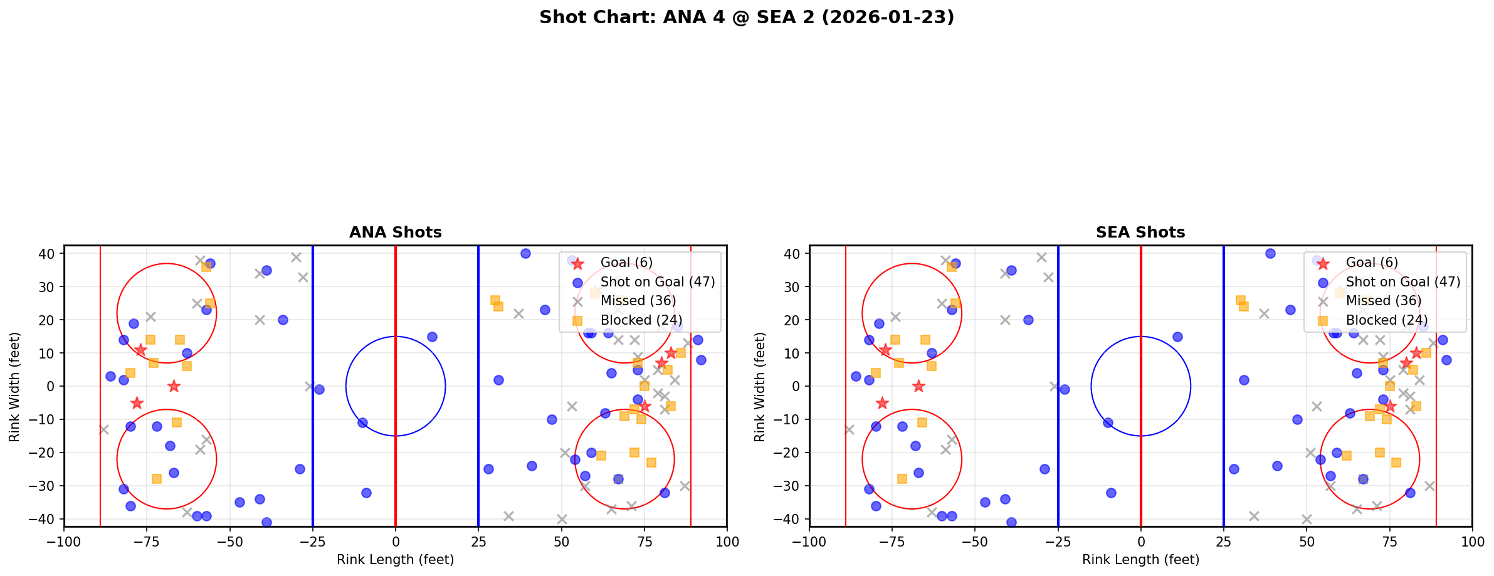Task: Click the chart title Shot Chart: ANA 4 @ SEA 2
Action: [x=746, y=18]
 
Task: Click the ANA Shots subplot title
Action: [x=395, y=233]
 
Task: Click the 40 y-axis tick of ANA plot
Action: [x=48, y=254]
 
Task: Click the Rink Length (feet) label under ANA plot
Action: [x=395, y=560]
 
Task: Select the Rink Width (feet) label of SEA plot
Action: [x=760, y=387]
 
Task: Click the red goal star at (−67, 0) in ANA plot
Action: [x=174, y=386]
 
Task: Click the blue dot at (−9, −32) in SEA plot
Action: [x=1111, y=493]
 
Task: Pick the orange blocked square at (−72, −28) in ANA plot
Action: [x=157, y=479]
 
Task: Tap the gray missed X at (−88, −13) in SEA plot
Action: [x=849, y=429]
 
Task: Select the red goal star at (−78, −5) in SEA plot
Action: [x=882, y=403]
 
